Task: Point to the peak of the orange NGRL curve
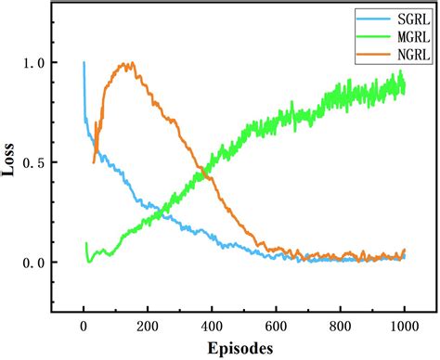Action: click(130, 63)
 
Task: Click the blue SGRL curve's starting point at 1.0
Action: click(84, 63)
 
